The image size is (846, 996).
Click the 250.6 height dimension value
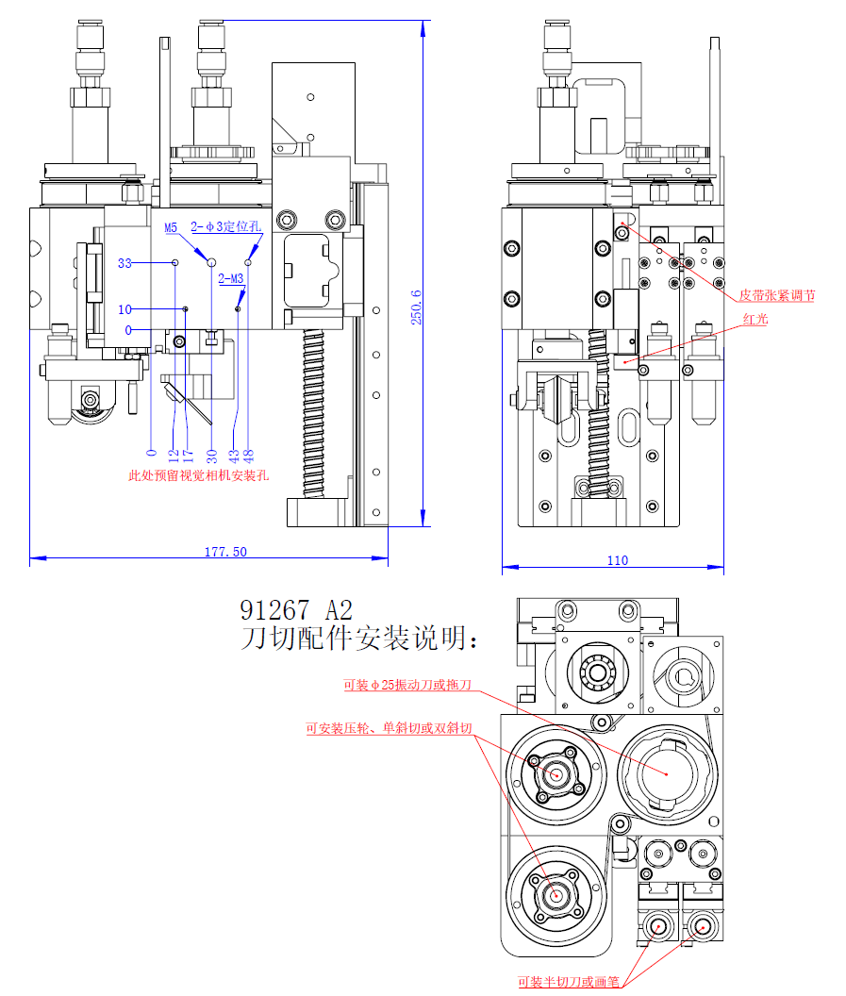point(416,306)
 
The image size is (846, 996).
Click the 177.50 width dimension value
point(225,552)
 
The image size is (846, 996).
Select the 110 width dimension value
point(617,560)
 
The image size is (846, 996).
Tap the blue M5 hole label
point(171,227)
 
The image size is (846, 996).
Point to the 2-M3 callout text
point(231,278)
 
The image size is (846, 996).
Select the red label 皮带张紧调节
point(776,295)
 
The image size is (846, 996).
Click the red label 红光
point(755,319)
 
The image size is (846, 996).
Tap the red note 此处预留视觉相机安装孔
point(198,475)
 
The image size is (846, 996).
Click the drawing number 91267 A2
point(297,608)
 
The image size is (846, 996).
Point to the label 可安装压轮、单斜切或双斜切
point(389,728)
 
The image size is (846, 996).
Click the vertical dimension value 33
point(124,263)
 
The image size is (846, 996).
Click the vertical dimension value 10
point(124,309)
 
